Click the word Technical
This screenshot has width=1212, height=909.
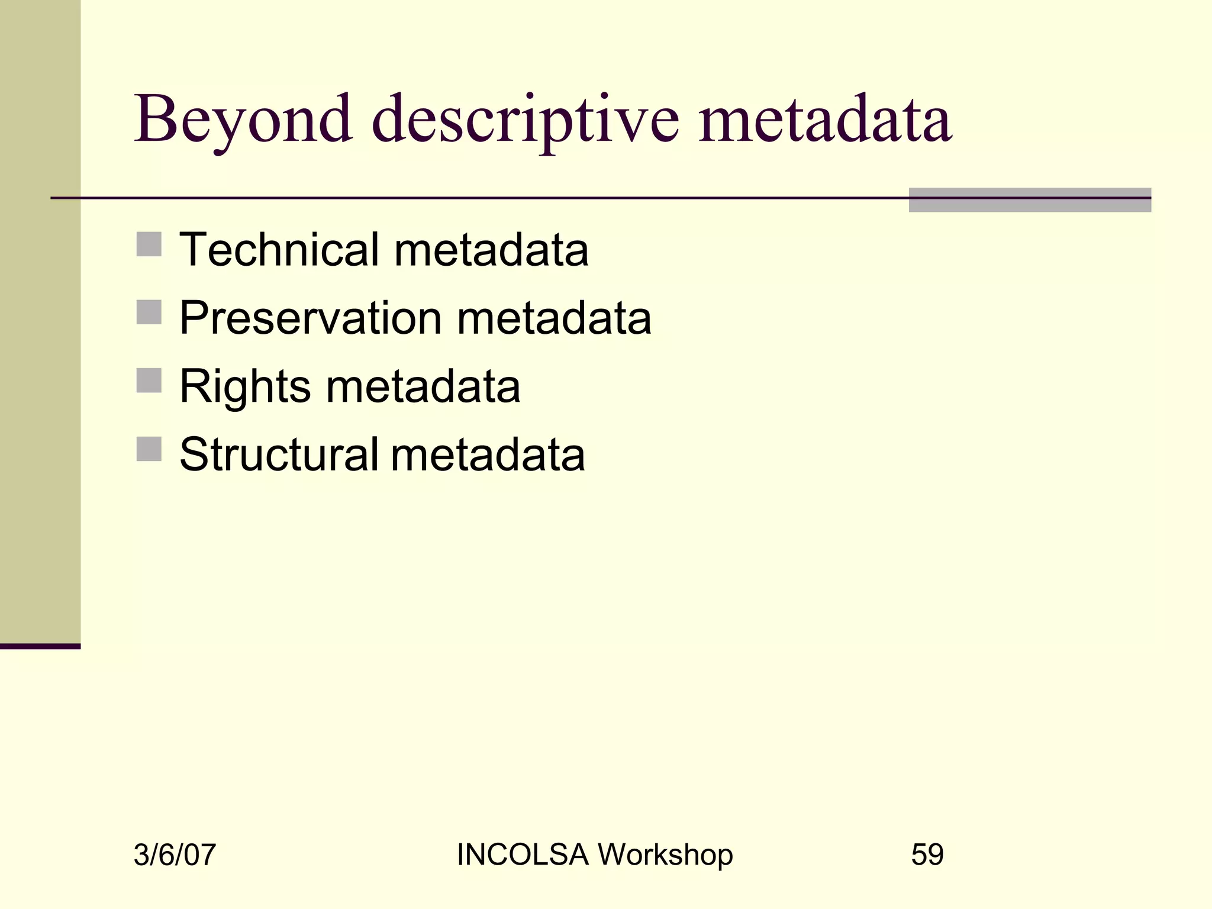click(279, 249)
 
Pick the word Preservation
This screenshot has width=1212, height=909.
click(311, 318)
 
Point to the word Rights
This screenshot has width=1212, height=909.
click(245, 386)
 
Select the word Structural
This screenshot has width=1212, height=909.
click(279, 454)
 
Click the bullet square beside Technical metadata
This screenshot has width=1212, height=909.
click(149, 244)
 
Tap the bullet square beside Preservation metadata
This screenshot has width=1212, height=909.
click(149, 312)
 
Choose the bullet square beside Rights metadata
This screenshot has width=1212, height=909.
click(149, 381)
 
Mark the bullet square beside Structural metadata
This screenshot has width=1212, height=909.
click(149, 449)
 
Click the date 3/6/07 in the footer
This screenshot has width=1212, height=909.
click(175, 855)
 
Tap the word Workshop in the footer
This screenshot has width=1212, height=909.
click(665, 855)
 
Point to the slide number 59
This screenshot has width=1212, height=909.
click(927, 855)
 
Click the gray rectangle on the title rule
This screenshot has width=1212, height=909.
click(1030, 200)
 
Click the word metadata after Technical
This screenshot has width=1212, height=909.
click(491, 249)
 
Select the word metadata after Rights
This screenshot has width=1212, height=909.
click(423, 386)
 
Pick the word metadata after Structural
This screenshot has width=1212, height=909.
click(488, 454)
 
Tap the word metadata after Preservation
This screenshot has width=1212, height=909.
click(554, 318)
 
